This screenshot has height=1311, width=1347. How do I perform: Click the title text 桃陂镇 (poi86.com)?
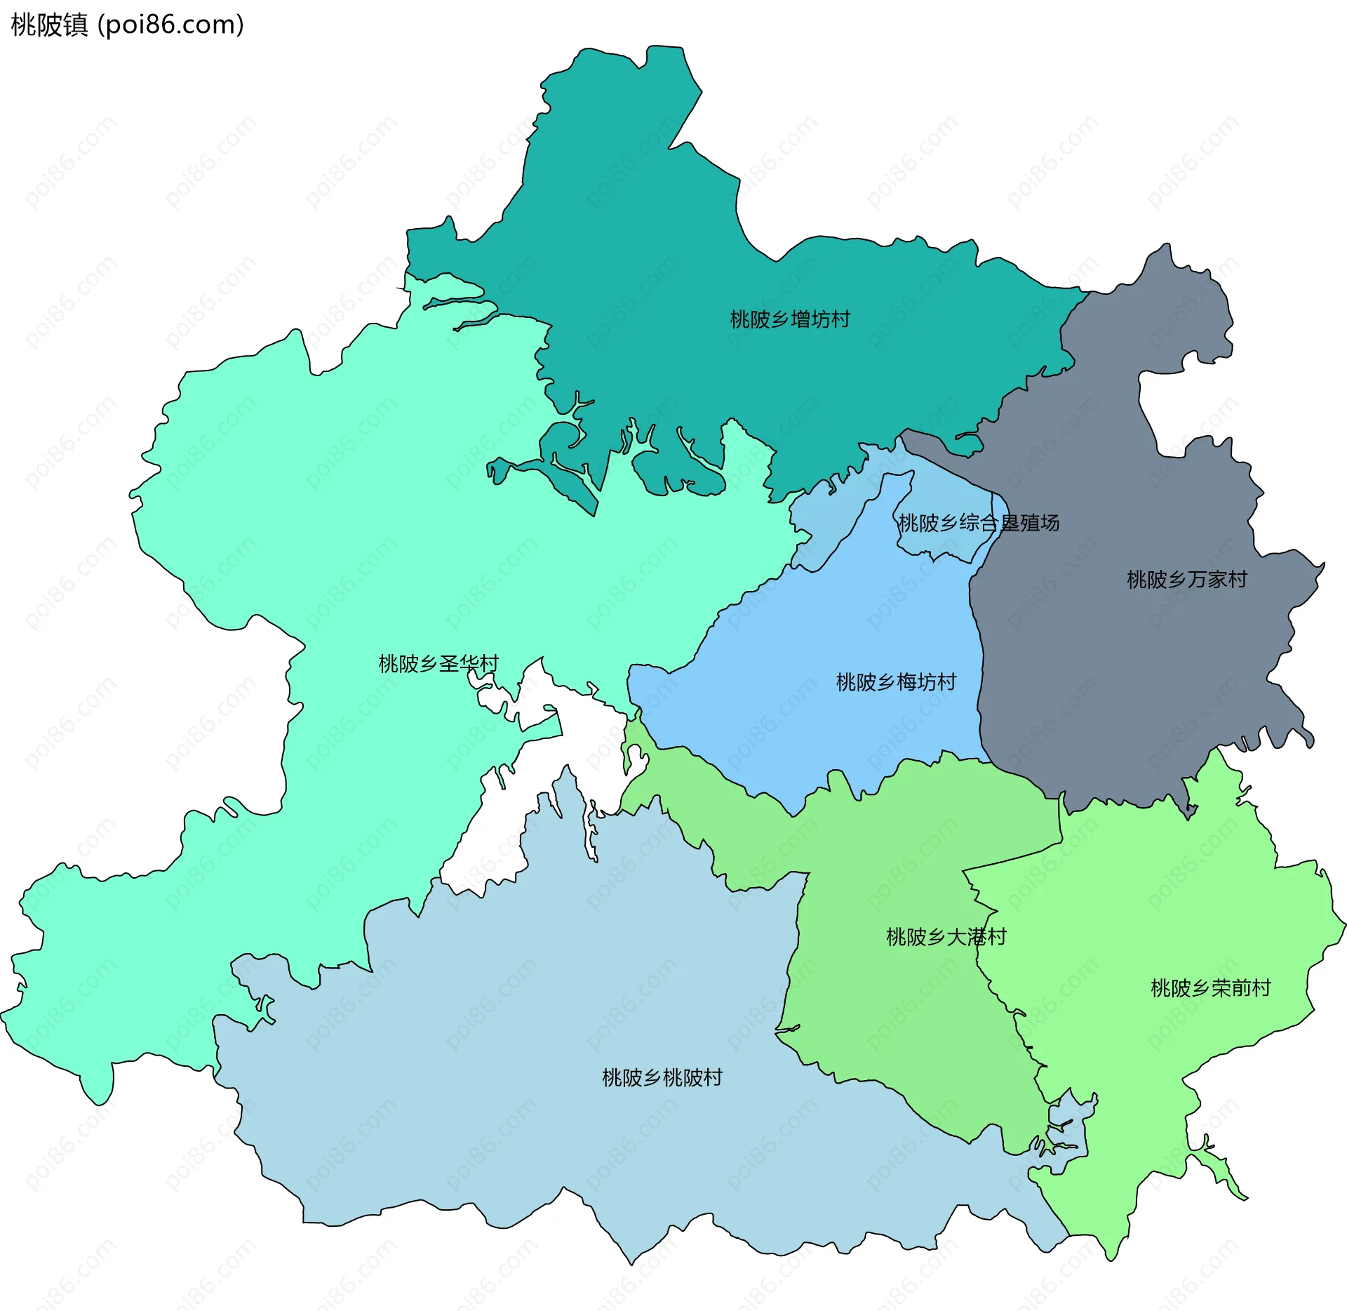tap(128, 25)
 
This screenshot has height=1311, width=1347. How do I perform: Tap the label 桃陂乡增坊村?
tap(789, 320)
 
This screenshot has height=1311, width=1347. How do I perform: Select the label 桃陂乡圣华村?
tap(438, 664)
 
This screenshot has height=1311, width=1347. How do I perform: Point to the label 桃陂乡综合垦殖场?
tap(978, 523)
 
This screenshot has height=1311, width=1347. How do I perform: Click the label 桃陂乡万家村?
tap(1186, 580)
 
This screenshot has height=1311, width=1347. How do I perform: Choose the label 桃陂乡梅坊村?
tap(895, 682)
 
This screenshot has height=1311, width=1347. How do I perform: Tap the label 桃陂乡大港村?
tap(946, 937)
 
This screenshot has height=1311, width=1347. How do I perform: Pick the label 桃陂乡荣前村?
tap(1210, 988)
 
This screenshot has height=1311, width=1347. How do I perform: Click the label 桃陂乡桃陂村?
tap(662, 1078)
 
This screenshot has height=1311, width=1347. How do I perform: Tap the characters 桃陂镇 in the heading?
tap(49, 25)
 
